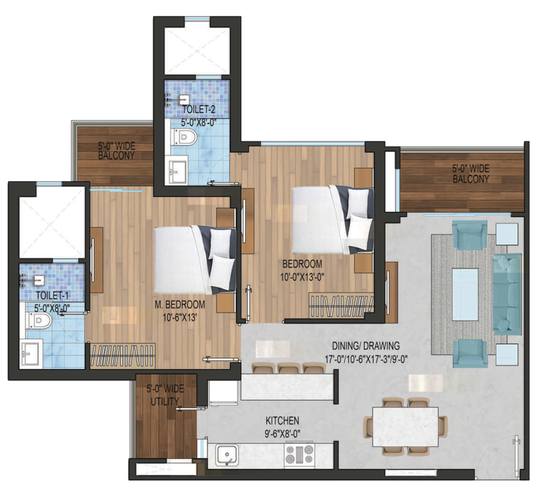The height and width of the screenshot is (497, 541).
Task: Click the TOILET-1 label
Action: (52, 296)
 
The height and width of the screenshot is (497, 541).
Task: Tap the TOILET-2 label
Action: (199, 109)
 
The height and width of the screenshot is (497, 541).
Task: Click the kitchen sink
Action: (227, 455)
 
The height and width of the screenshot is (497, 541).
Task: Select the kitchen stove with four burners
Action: (299, 454)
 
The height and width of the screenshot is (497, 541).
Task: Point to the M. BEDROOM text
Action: (180, 305)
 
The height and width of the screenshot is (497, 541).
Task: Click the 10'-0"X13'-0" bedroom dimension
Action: (302, 277)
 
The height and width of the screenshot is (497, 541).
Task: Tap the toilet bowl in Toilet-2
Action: (184, 137)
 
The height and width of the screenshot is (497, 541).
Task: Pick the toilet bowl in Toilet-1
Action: (39, 321)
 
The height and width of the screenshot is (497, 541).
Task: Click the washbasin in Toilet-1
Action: (32, 352)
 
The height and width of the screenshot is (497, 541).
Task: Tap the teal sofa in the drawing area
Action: (507, 294)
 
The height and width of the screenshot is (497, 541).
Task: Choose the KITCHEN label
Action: (282, 421)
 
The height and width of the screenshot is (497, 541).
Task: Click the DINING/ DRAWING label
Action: (366, 345)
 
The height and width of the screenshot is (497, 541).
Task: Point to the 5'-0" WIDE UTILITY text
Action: (165, 395)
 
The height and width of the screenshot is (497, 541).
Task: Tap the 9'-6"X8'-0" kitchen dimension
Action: (282, 434)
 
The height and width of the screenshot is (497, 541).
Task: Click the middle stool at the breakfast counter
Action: (289, 367)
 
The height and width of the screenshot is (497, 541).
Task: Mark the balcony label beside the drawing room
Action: (471, 174)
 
